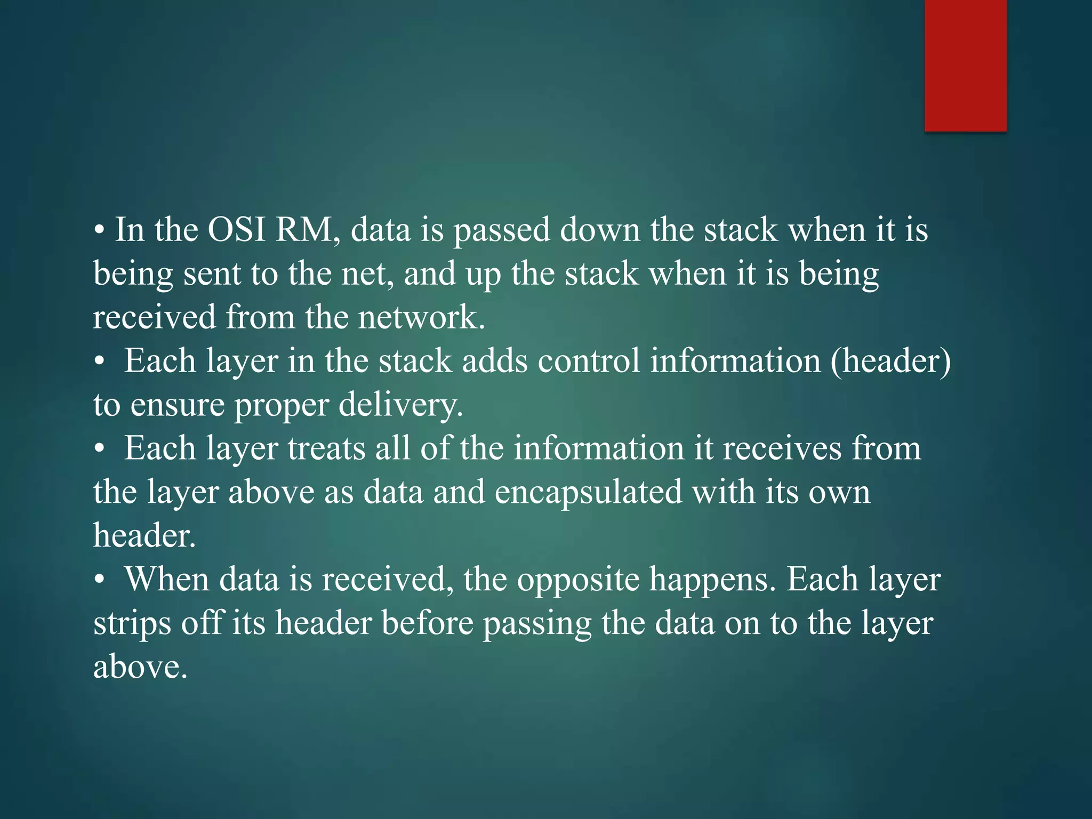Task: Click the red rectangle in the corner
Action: (965, 65)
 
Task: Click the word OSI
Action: (236, 230)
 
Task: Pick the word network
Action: (421, 317)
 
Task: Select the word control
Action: (589, 361)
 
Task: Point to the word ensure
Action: (177, 405)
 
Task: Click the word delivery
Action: (400, 406)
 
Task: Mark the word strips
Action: (132, 624)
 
